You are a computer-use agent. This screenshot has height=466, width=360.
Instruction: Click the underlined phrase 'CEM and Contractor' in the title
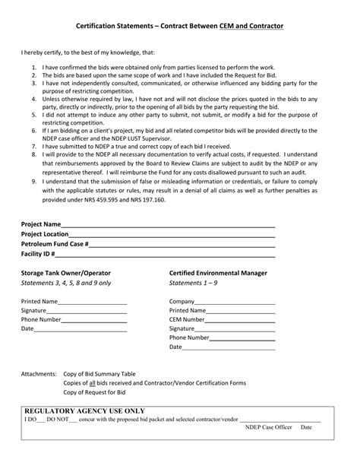251,27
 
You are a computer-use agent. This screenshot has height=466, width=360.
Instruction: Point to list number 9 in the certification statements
34,182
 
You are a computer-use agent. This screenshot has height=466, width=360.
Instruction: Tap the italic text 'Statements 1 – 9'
193,282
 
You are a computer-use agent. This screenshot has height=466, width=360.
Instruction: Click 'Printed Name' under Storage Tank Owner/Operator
39,302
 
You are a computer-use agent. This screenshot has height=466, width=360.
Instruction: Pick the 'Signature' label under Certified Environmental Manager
182,328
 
